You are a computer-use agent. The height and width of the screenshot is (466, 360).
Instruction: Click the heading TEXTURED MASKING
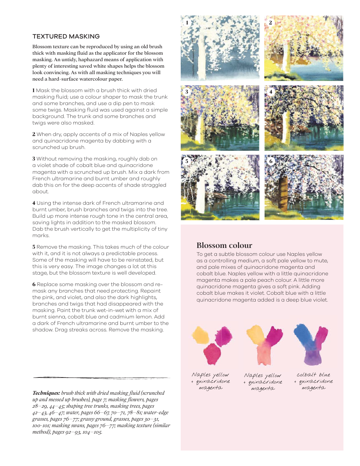tap(66, 36)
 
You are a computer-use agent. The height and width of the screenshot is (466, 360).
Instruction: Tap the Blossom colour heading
tap(224, 245)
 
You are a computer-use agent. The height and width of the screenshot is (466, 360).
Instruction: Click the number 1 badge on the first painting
tap(187, 23)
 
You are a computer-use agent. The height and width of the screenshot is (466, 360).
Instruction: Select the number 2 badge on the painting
tap(271, 23)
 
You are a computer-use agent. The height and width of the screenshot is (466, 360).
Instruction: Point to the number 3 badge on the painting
tap(187, 92)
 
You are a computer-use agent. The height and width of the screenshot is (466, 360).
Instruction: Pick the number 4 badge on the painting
tap(271, 92)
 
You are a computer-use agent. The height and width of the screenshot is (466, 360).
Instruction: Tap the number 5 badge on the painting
tap(187, 161)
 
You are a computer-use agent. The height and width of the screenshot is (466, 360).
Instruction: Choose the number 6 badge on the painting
tap(271, 161)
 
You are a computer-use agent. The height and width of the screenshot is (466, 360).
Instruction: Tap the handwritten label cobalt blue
tap(313, 375)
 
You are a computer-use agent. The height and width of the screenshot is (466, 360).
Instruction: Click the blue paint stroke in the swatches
tap(302, 336)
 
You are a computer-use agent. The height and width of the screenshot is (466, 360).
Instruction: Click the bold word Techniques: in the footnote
tap(46, 393)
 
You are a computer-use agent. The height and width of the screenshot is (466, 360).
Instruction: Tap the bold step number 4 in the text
tap(34, 203)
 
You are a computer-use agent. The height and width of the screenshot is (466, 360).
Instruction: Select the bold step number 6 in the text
tap(34, 284)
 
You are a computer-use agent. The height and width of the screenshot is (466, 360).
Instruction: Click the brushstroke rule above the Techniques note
tap(101, 377)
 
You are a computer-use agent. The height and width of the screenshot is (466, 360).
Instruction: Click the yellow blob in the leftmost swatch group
tap(201, 335)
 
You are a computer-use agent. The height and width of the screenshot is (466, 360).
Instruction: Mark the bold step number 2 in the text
tap(34, 134)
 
